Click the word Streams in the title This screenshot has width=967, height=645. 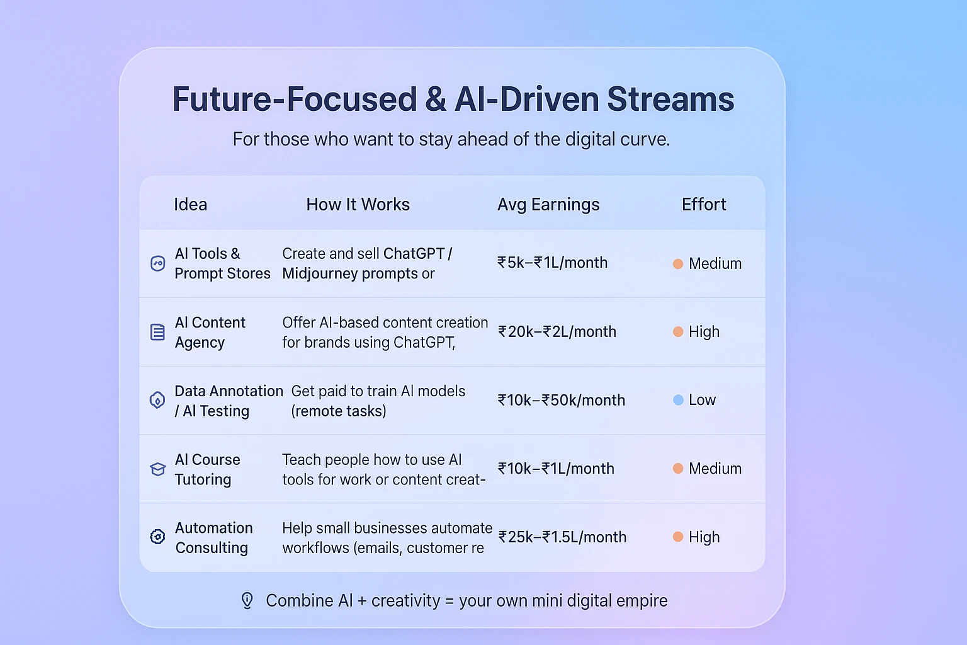[670, 99]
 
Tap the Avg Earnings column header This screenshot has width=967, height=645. [548, 204]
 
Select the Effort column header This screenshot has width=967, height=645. [704, 204]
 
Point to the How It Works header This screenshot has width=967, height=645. [358, 204]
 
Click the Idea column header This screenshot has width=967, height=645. [190, 204]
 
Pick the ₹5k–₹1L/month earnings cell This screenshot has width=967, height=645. [553, 263]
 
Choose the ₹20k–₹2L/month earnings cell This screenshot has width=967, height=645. [557, 332]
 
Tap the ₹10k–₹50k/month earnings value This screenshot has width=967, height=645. [561, 400]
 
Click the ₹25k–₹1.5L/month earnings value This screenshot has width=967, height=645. [562, 537]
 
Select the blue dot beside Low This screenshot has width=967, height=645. [678, 400]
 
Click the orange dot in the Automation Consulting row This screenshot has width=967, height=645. [678, 537]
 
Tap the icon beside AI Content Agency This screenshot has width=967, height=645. [157, 332]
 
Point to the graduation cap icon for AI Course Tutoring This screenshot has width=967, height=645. [157, 469]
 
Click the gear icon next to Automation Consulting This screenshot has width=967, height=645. [157, 537]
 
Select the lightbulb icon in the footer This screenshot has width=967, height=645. [247, 600]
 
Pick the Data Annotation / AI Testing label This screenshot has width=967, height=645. [229, 401]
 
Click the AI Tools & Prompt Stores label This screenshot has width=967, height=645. [222, 263]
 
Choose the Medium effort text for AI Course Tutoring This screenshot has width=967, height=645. [715, 469]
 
